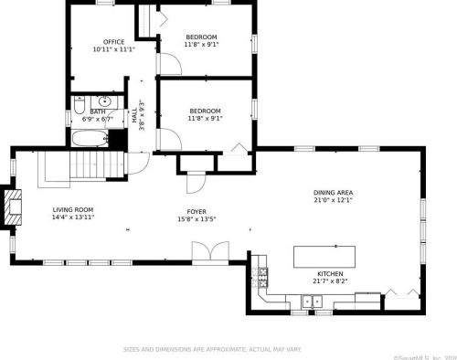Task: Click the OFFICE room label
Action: click(113, 41)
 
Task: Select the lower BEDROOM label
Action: click(205, 110)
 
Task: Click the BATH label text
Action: click(97, 111)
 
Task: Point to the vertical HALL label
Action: click(133, 115)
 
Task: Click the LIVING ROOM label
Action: click(72, 209)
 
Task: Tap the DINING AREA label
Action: click(333, 192)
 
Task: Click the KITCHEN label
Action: click(330, 273)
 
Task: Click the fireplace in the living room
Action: click(12, 208)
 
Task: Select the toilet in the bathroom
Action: click(80, 102)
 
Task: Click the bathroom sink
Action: click(104, 101)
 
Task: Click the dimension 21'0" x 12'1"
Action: click(333, 200)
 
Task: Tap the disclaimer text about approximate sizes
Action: click(213, 348)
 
